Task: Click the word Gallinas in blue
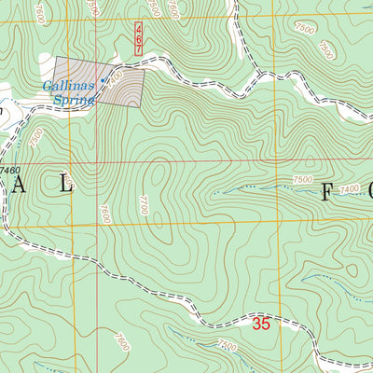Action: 67,87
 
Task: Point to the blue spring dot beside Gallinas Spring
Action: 102,80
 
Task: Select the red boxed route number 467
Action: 138,39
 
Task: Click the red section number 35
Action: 261,325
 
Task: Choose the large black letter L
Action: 65,186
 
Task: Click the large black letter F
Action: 328,193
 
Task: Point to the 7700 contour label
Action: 143,205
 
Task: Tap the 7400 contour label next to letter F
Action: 349,189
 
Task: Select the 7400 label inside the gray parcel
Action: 114,86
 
